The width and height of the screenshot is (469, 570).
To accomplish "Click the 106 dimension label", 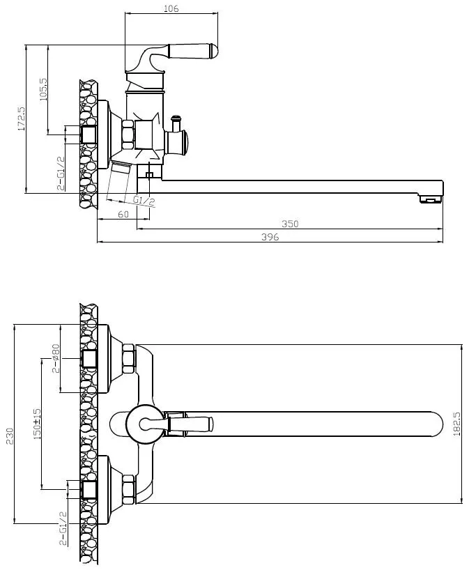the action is (x=171, y=8).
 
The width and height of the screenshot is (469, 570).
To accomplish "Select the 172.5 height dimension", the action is (x=22, y=118).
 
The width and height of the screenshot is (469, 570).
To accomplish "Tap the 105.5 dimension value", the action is (x=43, y=89).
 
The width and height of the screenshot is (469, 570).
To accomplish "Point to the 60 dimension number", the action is (x=123, y=215).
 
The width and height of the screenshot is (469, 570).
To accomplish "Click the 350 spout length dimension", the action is (x=290, y=224).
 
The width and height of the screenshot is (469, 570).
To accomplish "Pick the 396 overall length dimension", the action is (x=270, y=237).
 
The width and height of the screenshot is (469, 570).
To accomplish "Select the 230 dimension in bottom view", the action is (x=10, y=436).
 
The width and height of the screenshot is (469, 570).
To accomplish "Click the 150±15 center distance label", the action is (x=37, y=424).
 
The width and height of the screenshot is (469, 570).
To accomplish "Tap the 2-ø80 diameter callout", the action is (x=55, y=358).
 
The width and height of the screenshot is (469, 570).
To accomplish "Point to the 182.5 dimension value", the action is (x=456, y=424).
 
